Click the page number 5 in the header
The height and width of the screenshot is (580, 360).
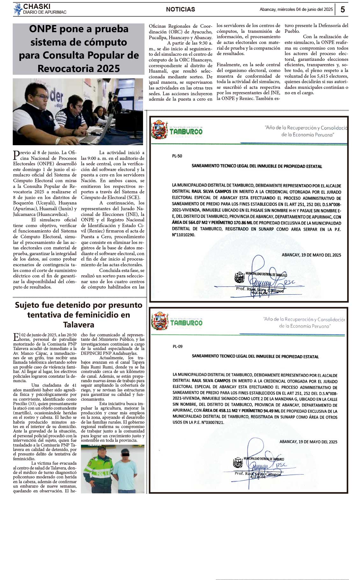(342, 10)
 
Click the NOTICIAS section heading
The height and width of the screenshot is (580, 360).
(180, 10)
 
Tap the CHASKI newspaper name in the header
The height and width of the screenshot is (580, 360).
(37, 6)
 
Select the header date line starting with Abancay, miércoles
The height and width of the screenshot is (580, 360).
(296, 10)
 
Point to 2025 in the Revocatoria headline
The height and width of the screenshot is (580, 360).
(107, 68)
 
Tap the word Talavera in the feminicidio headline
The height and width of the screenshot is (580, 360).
(79, 325)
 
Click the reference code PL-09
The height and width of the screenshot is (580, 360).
(177, 347)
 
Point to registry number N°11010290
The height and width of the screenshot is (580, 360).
(183, 235)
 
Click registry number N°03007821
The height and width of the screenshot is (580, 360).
(212, 422)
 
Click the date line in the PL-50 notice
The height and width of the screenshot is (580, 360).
(311, 255)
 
